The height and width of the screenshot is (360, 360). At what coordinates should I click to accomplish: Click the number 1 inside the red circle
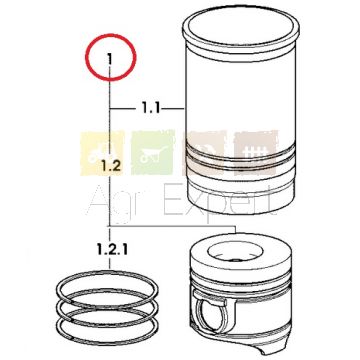tap(109, 60)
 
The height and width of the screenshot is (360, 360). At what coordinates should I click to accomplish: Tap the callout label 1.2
tap(111, 166)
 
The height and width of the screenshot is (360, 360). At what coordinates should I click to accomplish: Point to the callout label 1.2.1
tap(112, 249)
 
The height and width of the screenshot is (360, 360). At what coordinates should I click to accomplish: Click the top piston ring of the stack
tap(107, 277)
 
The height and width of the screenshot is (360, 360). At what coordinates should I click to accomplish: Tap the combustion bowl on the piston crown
tap(235, 251)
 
